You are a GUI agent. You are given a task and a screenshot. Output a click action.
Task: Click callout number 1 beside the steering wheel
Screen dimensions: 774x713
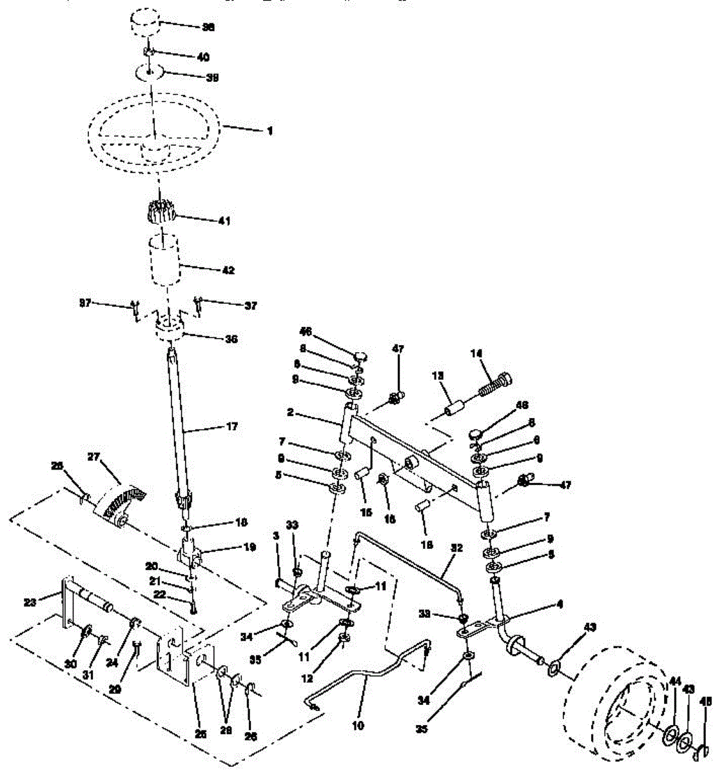(x=269, y=131)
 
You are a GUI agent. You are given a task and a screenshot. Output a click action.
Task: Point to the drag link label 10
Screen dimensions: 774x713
(x=358, y=726)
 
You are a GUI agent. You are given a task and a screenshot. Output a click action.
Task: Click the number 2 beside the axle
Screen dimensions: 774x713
(x=291, y=412)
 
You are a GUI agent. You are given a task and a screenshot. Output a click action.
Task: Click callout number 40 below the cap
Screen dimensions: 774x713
(x=202, y=57)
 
